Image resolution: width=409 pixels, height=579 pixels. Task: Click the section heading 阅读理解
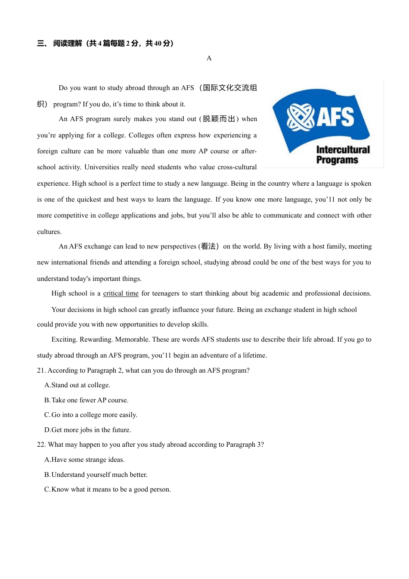click(x=68, y=43)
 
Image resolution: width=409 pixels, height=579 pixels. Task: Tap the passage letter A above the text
click(x=209, y=58)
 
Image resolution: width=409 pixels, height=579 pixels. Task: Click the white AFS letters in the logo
click(x=336, y=117)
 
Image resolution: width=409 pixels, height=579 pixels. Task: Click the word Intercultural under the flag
click(x=343, y=149)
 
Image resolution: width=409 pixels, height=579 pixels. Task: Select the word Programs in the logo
click(x=337, y=160)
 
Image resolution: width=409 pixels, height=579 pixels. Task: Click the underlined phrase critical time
click(x=121, y=293)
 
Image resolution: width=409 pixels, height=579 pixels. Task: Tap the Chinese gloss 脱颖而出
click(x=219, y=119)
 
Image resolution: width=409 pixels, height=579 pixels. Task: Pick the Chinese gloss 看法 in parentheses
click(x=208, y=246)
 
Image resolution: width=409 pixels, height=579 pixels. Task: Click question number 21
click(x=41, y=370)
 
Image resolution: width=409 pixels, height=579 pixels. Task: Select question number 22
click(x=41, y=445)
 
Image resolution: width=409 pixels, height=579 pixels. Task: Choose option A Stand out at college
click(x=77, y=385)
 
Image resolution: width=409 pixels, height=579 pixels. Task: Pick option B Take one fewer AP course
click(x=86, y=400)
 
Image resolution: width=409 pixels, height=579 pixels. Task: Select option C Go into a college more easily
click(x=91, y=415)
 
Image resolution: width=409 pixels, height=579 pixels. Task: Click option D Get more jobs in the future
click(x=87, y=430)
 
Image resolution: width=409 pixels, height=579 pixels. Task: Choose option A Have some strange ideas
click(x=84, y=460)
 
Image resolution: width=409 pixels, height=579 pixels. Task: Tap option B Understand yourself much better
click(x=96, y=475)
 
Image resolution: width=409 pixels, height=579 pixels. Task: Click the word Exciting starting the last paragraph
click(x=65, y=339)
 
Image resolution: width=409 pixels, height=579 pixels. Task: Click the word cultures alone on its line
click(x=49, y=232)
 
